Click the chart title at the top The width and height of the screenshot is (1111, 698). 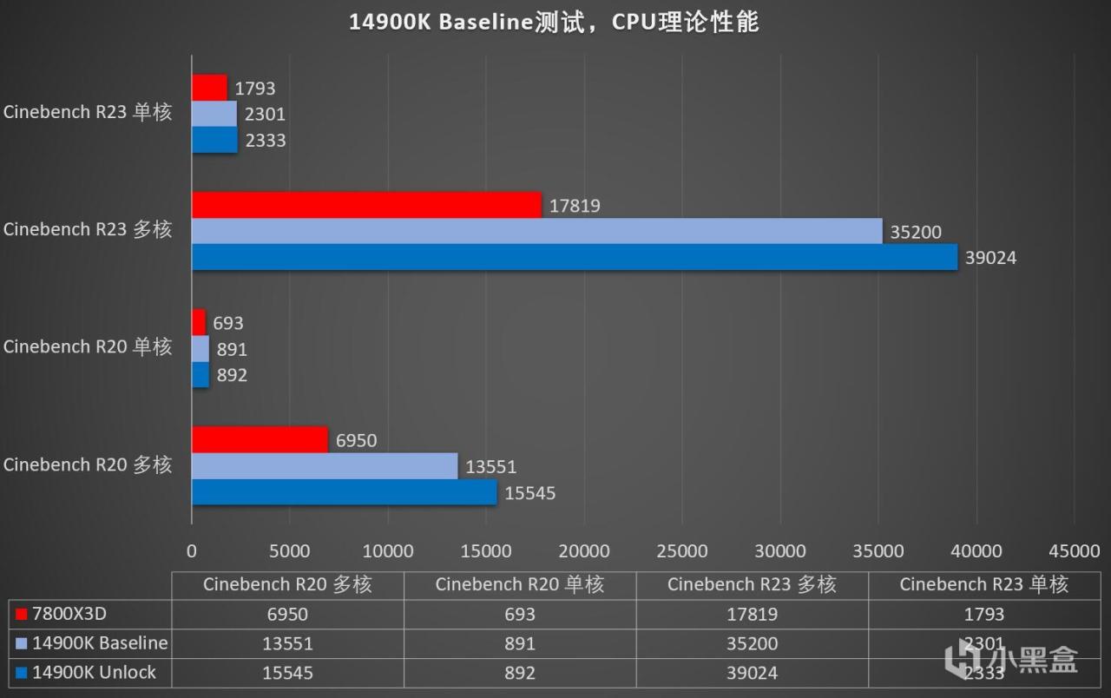554,22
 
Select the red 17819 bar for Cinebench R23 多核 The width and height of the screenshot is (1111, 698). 366,205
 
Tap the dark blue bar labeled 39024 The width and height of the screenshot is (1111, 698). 574,257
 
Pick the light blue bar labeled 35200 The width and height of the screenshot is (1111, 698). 536,231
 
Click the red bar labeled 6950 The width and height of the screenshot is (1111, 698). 260,440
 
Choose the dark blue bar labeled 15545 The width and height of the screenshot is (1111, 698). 344,492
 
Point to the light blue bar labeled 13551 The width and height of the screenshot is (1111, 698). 324,466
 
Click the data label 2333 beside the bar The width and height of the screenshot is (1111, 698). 266,140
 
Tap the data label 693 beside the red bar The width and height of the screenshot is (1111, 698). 228,323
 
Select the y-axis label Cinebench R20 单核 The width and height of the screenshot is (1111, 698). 88,347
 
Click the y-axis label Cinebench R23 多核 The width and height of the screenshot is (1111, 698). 88,230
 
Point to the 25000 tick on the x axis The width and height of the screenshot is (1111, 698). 682,551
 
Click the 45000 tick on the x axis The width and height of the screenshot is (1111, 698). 1075,551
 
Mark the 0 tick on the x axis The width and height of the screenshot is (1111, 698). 192,551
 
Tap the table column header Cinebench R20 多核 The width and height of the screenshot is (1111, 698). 287,584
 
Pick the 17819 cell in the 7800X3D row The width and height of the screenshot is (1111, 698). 752,615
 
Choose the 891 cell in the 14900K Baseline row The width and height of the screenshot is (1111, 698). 520,644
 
